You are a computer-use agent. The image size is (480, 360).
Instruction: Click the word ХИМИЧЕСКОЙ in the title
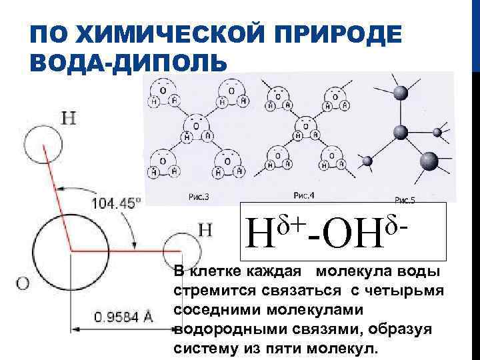pyautogui.click(x=164, y=33)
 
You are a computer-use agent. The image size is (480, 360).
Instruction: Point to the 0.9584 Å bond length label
pyautogui.click(x=123, y=317)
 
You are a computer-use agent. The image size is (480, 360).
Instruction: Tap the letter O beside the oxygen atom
pyautogui.click(x=22, y=283)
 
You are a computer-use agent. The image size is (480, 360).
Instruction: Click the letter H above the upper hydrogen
pyautogui.click(x=68, y=119)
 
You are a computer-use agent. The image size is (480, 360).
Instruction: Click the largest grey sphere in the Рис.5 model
pyautogui.click(x=428, y=162)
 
